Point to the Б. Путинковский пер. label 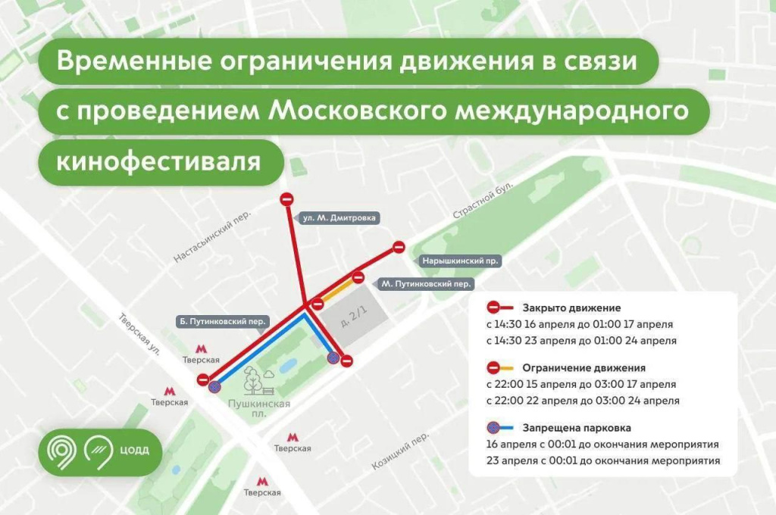tap(223, 321)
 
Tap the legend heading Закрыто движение tap(571, 308)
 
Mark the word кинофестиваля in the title tap(159, 162)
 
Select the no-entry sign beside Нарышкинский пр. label tap(399, 247)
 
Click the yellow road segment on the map tap(337, 289)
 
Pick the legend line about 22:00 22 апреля tap(583, 401)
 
